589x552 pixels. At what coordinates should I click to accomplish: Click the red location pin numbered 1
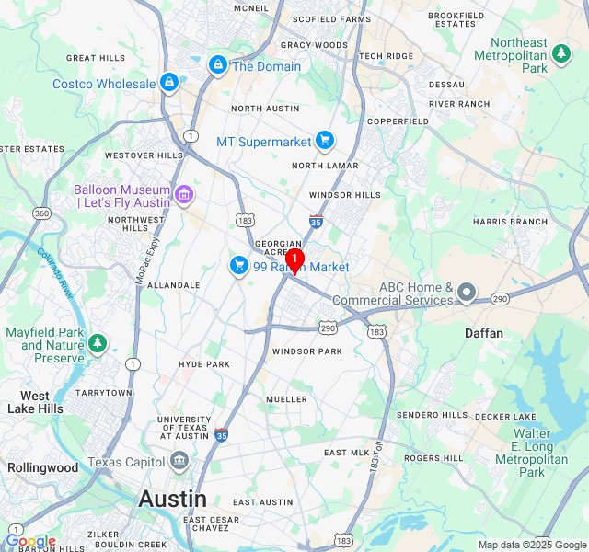pyautogui.click(x=294, y=259)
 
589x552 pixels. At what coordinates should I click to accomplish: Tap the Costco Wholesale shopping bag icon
pyautogui.click(x=168, y=84)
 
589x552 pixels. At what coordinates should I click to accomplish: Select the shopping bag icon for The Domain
pyautogui.click(x=218, y=65)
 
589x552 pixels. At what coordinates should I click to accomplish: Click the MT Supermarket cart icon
pyautogui.click(x=324, y=141)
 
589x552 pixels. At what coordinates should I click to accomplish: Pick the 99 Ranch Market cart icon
pyautogui.click(x=239, y=266)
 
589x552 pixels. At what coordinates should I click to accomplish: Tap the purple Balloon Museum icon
pyautogui.click(x=184, y=194)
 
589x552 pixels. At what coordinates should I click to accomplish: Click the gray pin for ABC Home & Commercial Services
pyautogui.click(x=467, y=293)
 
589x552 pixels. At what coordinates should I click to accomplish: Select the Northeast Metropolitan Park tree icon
pyautogui.click(x=561, y=56)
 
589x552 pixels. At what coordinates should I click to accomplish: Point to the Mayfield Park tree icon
pyautogui.click(x=98, y=344)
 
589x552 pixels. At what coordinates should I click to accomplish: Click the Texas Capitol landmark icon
pyautogui.click(x=179, y=461)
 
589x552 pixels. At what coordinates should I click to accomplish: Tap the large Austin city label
pyautogui.click(x=172, y=499)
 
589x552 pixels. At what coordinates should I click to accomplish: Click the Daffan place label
pyautogui.click(x=484, y=333)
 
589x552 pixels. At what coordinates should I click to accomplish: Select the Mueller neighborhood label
pyautogui.click(x=286, y=399)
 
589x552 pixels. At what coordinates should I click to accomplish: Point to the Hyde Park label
pyautogui.click(x=204, y=364)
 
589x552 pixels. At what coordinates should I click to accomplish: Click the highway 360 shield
pyautogui.click(x=40, y=213)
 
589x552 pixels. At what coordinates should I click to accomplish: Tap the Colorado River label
pyautogui.click(x=55, y=271)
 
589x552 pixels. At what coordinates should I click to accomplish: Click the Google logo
pyautogui.click(x=30, y=541)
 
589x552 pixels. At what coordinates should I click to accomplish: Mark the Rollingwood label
pyautogui.click(x=43, y=467)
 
